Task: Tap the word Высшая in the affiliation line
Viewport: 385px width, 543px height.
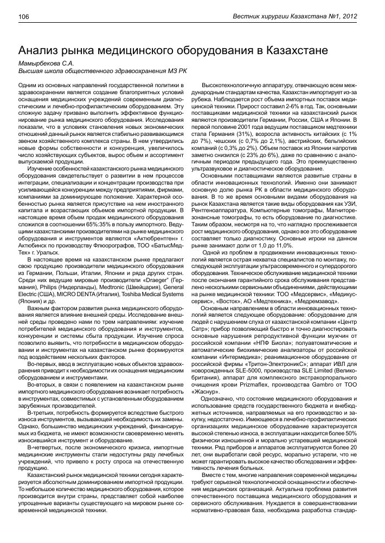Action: pos(31,70)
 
